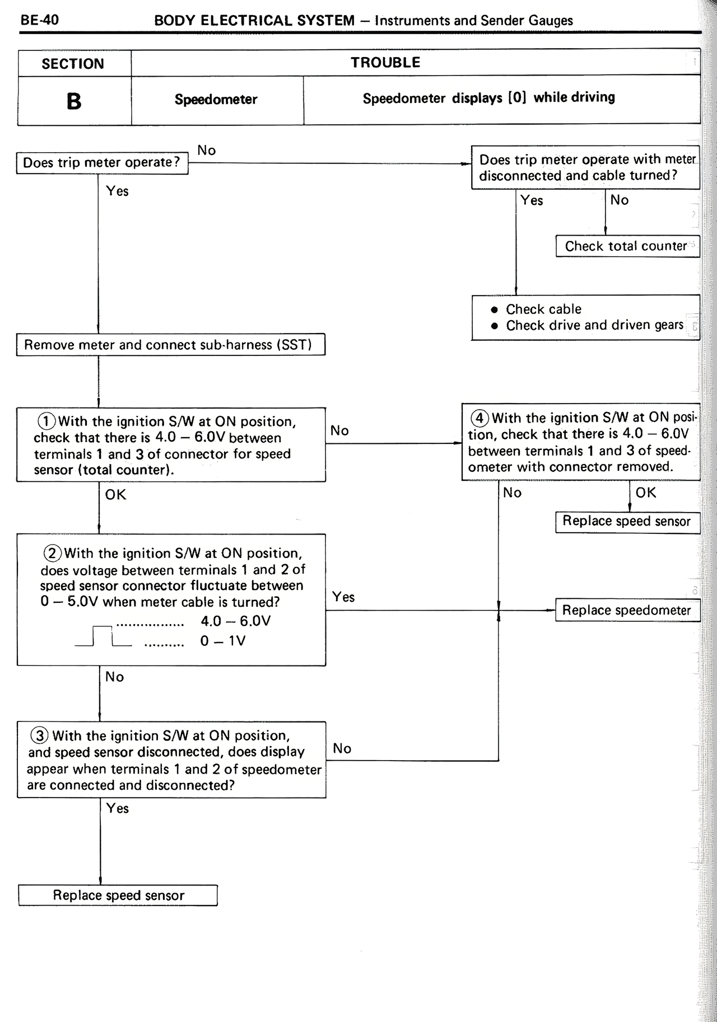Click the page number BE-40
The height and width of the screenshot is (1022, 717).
(39, 21)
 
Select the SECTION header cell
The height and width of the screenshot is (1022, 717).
(73, 64)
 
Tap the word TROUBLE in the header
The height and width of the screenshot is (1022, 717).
(385, 63)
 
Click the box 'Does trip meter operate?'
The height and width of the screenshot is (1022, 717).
(102, 163)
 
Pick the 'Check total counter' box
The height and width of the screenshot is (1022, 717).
(626, 246)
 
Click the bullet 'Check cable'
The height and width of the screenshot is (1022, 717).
(543, 309)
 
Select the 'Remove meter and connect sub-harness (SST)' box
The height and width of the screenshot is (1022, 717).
(170, 345)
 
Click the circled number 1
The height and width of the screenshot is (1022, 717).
(47, 421)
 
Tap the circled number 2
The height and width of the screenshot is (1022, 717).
(53, 554)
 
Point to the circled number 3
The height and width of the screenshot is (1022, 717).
(40, 735)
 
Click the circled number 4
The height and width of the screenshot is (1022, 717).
(479, 418)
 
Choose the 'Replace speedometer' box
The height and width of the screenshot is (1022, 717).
(626, 610)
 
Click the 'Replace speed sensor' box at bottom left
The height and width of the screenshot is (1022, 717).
(118, 895)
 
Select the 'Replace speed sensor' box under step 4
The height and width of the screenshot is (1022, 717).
(626, 522)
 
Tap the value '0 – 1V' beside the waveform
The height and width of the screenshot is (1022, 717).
(223, 641)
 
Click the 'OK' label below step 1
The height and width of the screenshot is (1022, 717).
(115, 495)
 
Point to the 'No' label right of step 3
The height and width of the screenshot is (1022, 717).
(342, 749)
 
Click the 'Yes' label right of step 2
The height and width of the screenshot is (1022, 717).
(343, 597)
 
